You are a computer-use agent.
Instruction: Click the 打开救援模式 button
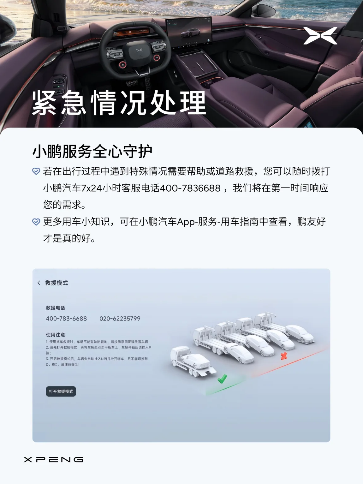(61, 391)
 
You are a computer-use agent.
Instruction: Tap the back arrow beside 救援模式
(39, 283)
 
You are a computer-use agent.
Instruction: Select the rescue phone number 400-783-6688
(66, 319)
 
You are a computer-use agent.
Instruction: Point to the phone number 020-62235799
(120, 319)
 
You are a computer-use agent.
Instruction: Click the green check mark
(222, 379)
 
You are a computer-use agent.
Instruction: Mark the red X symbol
(284, 356)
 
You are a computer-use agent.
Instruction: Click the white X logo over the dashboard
(320, 36)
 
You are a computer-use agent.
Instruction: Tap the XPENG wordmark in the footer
(53, 459)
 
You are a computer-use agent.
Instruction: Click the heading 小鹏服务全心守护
(92, 152)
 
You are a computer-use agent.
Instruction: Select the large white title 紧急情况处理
(119, 103)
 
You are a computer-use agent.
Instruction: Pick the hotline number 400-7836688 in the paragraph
(190, 188)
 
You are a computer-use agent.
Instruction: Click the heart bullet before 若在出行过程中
(36, 171)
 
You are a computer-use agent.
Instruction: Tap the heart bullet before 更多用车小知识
(36, 222)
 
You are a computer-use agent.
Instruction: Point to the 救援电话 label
(56, 308)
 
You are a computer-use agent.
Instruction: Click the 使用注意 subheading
(56, 335)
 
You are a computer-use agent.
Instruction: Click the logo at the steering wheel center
(139, 51)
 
